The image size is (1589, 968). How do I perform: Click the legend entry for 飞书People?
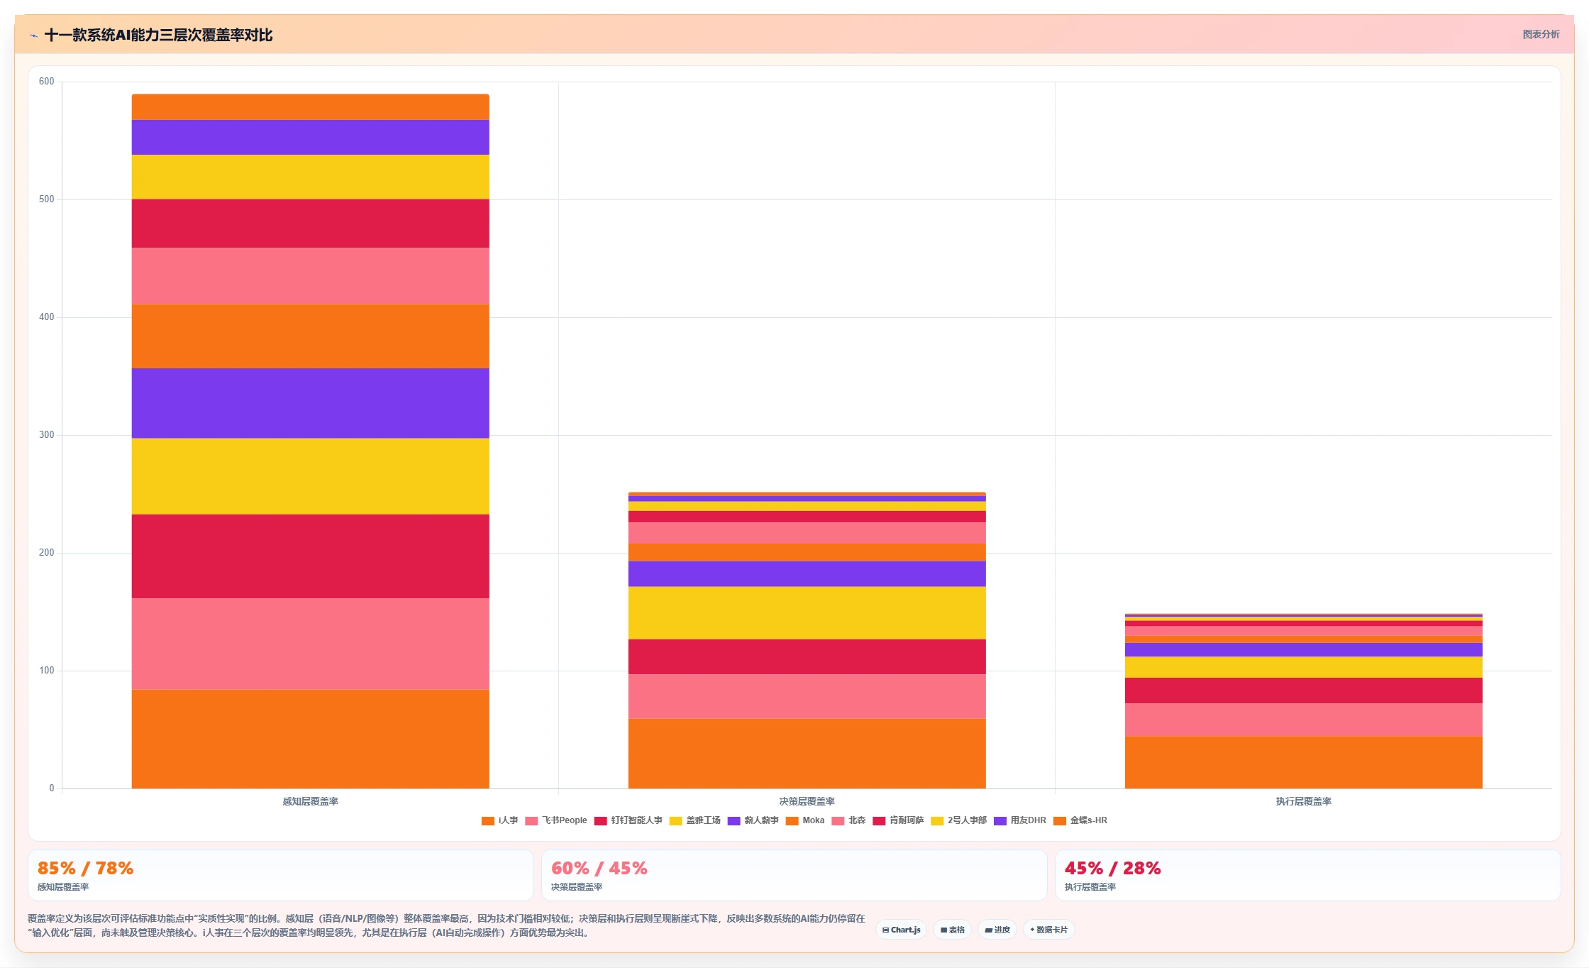click(556, 820)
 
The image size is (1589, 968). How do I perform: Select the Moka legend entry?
click(805, 820)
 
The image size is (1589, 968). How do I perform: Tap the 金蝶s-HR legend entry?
click(1080, 820)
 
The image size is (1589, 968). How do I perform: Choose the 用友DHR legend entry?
click(1020, 820)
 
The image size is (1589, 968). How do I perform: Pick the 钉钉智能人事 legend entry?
click(629, 820)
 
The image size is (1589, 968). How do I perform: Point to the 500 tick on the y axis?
click(47, 199)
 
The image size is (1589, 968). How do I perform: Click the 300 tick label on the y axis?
click(47, 435)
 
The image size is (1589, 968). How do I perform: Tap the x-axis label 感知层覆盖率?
click(311, 801)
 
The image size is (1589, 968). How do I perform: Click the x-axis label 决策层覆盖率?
click(807, 801)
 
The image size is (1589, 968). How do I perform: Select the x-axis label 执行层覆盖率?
click(1304, 801)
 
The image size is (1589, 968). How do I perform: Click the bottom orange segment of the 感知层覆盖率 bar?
click(311, 739)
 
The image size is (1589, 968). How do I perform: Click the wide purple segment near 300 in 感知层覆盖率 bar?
click(311, 403)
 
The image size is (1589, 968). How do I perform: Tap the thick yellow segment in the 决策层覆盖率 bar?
click(807, 613)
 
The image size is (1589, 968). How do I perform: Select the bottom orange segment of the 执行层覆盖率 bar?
click(1304, 762)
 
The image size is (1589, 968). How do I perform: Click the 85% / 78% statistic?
click(86, 868)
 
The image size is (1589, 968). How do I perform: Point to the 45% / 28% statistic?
click(1113, 868)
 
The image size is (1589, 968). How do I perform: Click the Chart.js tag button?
click(902, 930)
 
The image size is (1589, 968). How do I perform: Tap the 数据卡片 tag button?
click(1048, 930)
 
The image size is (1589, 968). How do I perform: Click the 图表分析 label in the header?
click(1541, 34)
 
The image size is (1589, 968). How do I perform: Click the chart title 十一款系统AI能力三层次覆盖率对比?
click(158, 35)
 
